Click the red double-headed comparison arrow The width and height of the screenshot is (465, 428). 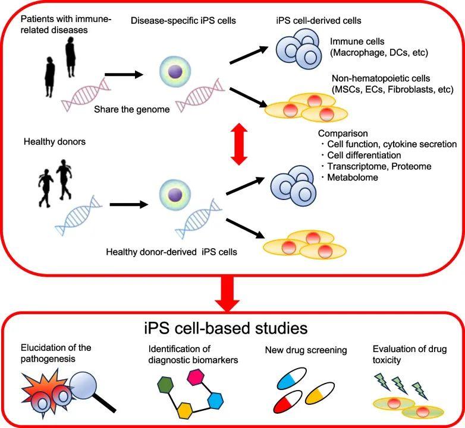coord(239,144)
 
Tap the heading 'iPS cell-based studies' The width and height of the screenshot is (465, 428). coord(226,328)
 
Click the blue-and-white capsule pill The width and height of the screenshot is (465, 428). coord(291,378)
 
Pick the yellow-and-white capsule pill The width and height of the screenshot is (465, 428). coord(320,393)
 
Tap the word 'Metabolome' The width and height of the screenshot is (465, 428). coord(353,177)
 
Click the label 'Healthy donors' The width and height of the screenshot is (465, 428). coord(55,141)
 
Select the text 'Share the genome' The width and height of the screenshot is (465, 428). coord(131,109)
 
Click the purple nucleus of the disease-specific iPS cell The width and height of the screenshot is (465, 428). coord(175,71)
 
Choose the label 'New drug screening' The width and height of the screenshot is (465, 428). coord(306,350)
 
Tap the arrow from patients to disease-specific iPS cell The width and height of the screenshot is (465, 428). coord(124,75)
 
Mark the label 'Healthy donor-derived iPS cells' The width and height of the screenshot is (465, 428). coord(171,252)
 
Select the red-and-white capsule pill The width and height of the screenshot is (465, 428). coord(287,401)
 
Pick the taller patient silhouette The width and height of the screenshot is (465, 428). coord(71,57)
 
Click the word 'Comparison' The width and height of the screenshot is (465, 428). coord(343,134)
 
